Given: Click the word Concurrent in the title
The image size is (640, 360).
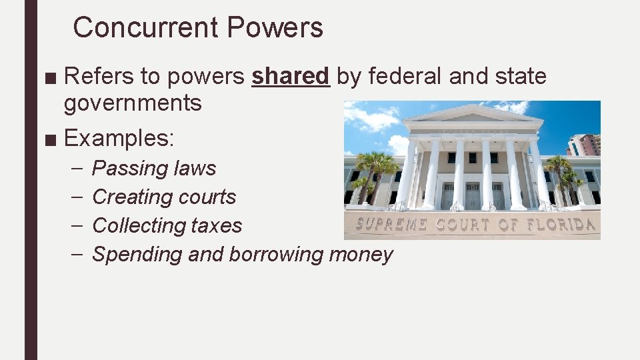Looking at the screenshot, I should pyautogui.click(x=145, y=28).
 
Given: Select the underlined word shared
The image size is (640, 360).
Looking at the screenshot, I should pyautogui.click(x=290, y=77).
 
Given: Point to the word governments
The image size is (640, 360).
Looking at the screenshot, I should pyautogui.click(x=133, y=103).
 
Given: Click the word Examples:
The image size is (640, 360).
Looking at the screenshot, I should pyautogui.click(x=119, y=139).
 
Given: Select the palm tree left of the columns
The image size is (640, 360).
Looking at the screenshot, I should pyautogui.click(x=375, y=170).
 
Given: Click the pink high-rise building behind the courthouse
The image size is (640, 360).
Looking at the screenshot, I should pyautogui.click(x=587, y=144).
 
